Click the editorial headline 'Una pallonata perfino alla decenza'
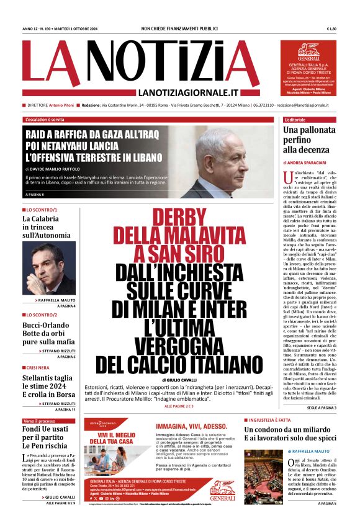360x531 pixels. point(308,140)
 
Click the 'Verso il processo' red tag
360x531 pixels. point(39,421)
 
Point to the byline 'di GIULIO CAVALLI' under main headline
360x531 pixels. point(179,379)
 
